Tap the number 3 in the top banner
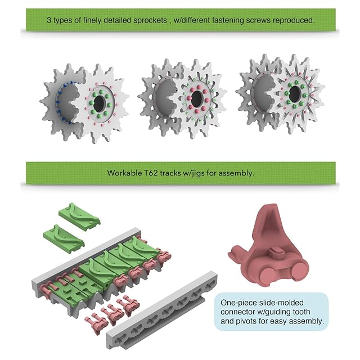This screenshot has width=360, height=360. coord(49,20)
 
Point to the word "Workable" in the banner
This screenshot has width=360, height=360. coord(124,173)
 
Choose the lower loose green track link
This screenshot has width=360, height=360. coord(65,237)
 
